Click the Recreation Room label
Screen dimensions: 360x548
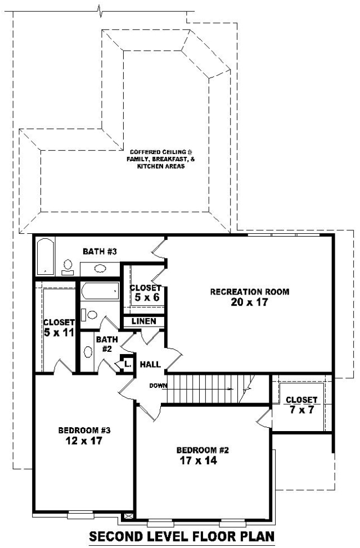(249, 292)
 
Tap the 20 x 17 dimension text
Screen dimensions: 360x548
(249, 302)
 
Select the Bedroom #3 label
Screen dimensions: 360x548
(84, 430)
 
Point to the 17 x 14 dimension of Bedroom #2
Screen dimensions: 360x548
(199, 461)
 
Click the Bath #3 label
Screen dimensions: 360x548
(100, 251)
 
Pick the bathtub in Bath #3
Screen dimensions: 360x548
(46, 256)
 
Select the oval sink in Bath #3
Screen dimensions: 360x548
(101, 269)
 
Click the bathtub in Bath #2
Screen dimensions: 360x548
(100, 291)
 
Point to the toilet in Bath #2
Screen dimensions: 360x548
(89, 315)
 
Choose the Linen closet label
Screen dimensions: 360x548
(144, 321)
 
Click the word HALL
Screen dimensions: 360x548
(150, 365)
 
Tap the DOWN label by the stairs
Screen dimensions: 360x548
(158, 386)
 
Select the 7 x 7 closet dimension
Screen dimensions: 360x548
(301, 410)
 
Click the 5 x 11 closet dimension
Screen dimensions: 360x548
(59, 332)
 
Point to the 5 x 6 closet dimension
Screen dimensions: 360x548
(147, 297)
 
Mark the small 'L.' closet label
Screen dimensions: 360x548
(128, 364)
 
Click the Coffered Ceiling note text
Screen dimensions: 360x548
(161, 160)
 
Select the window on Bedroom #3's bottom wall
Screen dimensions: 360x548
(81, 514)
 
